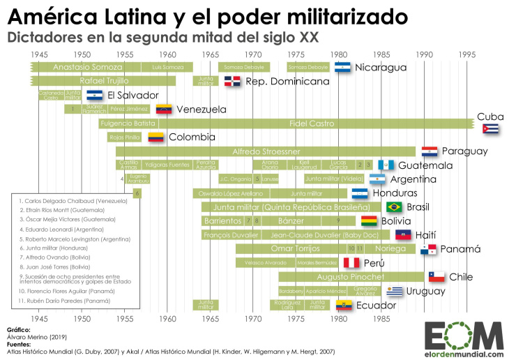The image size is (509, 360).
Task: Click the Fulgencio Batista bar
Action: click(128, 123)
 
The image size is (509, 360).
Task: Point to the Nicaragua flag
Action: click(342, 67)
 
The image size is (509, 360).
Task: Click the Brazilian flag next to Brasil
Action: click(394, 207)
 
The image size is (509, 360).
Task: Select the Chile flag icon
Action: click(436, 277)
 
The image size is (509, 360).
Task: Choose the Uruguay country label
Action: click(426, 291)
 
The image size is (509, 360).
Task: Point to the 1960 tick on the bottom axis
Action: click(167, 319)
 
